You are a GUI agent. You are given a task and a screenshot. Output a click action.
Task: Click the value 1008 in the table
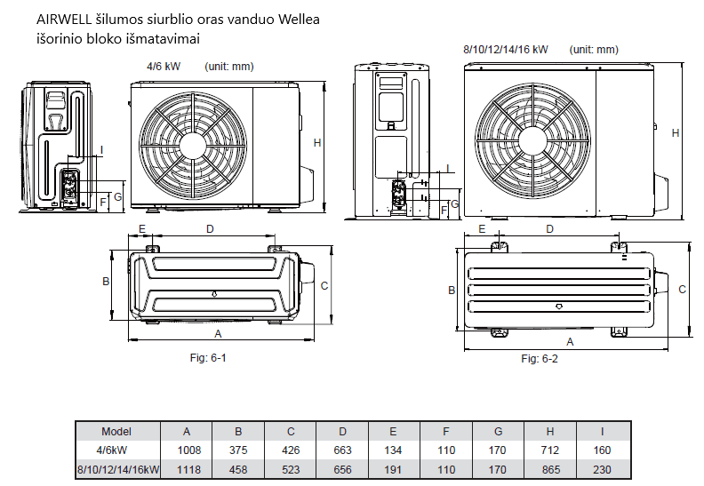[187, 450]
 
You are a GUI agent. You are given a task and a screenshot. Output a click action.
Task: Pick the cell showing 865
[550, 469]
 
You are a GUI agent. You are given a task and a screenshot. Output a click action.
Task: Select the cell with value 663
[342, 450]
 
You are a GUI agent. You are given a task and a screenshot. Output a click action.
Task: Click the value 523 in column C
[291, 469]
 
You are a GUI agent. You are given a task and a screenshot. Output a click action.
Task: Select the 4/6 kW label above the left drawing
[162, 67]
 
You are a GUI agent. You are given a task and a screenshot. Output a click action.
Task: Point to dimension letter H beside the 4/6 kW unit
[317, 143]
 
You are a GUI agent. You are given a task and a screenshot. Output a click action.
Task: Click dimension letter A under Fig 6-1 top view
[218, 333]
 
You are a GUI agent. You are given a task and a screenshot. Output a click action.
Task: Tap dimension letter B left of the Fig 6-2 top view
[452, 291]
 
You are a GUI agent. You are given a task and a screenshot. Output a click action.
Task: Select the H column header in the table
[550, 431]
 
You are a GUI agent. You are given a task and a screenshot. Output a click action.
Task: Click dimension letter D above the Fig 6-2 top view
[550, 229]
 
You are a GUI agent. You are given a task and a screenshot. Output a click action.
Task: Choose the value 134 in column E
[394, 450]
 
